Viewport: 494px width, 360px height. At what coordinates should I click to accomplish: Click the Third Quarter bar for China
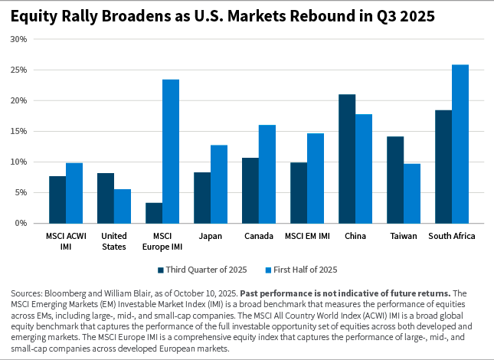click(347, 159)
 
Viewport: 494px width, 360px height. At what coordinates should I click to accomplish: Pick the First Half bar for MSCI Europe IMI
click(171, 151)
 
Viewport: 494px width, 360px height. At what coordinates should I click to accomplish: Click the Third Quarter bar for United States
click(106, 198)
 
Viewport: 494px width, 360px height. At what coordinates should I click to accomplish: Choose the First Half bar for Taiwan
click(412, 193)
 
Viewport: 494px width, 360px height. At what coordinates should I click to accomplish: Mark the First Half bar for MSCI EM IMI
click(316, 178)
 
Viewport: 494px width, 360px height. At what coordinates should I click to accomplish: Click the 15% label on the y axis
click(18, 131)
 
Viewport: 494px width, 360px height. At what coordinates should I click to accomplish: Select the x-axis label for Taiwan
click(404, 236)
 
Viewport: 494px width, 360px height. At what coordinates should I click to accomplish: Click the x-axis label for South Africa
click(451, 236)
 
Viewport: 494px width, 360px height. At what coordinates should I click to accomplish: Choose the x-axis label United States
click(114, 241)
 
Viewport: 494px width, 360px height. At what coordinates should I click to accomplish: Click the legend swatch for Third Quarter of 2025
click(161, 270)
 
